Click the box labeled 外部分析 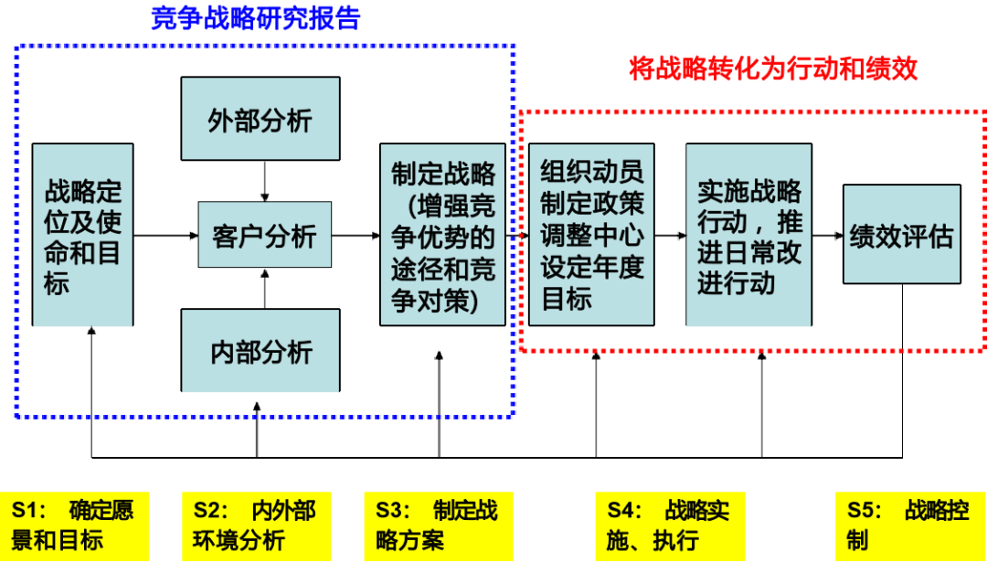260,120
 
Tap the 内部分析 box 260,353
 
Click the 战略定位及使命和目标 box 82,235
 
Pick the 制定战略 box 442,235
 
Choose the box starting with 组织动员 591,235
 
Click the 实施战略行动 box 748,235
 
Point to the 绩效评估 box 901,235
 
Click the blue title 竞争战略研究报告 256,18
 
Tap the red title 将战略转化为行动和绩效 773,69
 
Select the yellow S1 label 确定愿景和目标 74,525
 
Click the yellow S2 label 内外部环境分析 256,525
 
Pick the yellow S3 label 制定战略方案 439,525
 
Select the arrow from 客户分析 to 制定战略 356,236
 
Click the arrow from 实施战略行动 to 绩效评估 826,236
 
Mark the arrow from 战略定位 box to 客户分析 165,236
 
